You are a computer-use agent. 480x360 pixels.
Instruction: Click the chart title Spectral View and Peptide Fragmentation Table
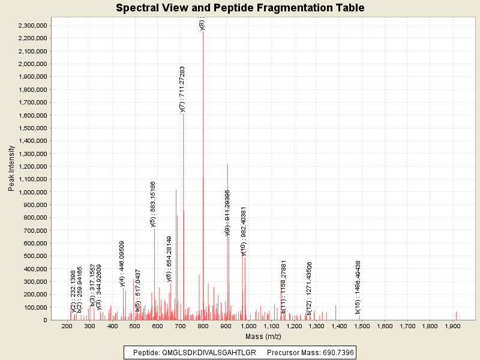(240, 8)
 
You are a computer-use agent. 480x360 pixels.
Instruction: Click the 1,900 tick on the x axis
(452, 326)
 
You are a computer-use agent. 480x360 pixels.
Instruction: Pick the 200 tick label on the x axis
(67, 326)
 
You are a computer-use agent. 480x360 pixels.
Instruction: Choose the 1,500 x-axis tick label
(362, 326)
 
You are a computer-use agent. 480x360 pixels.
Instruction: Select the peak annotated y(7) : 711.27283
(184, 180)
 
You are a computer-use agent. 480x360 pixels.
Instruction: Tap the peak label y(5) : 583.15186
(153, 204)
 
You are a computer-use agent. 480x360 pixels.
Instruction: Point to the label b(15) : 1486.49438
(358, 287)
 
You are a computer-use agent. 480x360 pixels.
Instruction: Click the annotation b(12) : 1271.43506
(310, 289)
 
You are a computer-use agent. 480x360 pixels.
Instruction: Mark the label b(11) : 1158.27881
(284, 287)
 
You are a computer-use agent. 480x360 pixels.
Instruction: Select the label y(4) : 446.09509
(122, 263)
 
